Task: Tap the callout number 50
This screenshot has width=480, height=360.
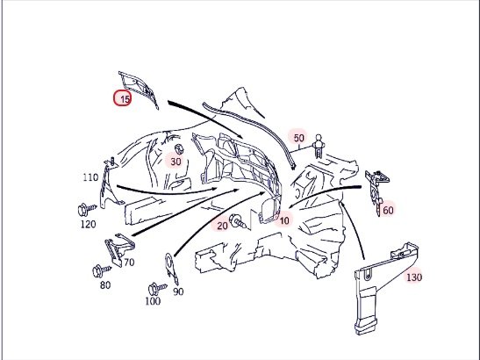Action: coord(298,138)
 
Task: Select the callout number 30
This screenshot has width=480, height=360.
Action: coord(176,162)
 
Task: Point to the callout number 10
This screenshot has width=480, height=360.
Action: coord(284,220)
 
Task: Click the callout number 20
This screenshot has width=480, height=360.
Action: coord(223,226)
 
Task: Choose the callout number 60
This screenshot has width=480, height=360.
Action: coord(388,210)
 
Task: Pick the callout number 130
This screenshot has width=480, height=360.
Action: coord(414,277)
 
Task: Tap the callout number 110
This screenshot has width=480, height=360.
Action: coord(90,177)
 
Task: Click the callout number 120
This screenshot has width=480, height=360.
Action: coord(88,224)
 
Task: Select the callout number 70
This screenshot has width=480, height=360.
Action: coord(129,263)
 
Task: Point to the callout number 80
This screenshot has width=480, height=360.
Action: coord(105,285)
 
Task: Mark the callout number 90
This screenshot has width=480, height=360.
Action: coord(178,292)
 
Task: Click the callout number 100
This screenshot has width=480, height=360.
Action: coord(153,301)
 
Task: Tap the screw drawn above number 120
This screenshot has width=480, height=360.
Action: coord(87,209)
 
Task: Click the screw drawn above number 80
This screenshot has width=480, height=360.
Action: coord(101,270)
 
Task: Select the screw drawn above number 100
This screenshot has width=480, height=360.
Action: coord(157,289)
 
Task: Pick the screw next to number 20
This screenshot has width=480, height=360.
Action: coord(238,221)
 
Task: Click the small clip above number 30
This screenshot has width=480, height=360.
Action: coord(178,149)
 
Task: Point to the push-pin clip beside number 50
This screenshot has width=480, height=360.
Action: coord(319,146)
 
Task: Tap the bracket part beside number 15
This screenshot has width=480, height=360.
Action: coord(139,88)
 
